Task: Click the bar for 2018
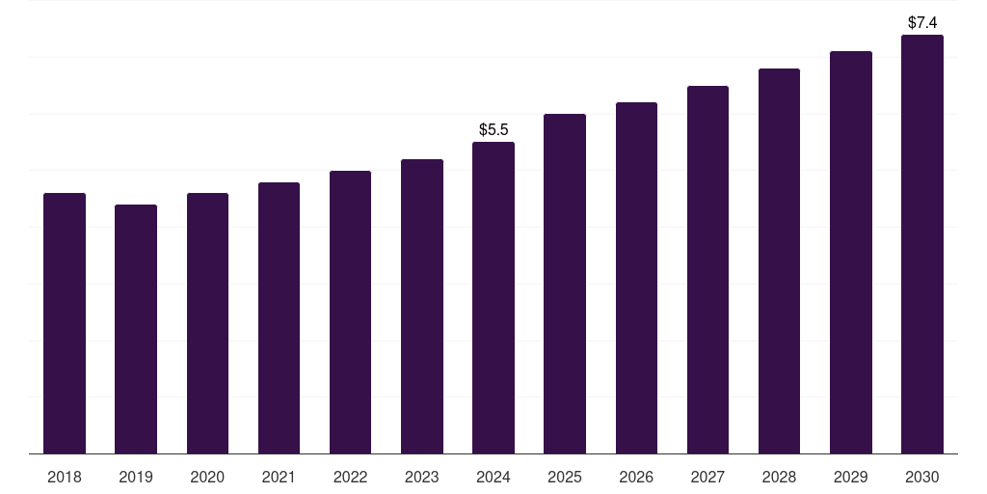click(65, 323)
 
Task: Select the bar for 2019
click(136, 329)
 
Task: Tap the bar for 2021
click(279, 317)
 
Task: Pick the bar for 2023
click(422, 306)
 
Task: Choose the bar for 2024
click(493, 297)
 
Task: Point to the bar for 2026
click(636, 278)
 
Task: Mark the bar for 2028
click(779, 261)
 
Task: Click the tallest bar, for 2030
click(922, 244)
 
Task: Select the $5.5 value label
click(493, 129)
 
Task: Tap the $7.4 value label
click(922, 22)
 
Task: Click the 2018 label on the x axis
click(65, 477)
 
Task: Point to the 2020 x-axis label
click(207, 477)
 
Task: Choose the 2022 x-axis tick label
click(350, 477)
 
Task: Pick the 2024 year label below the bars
click(493, 477)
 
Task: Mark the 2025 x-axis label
click(565, 477)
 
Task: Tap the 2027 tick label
click(707, 477)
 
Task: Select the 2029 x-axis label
click(850, 477)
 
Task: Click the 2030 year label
click(922, 477)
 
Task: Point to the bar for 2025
click(565, 284)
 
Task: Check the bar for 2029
click(850, 252)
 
